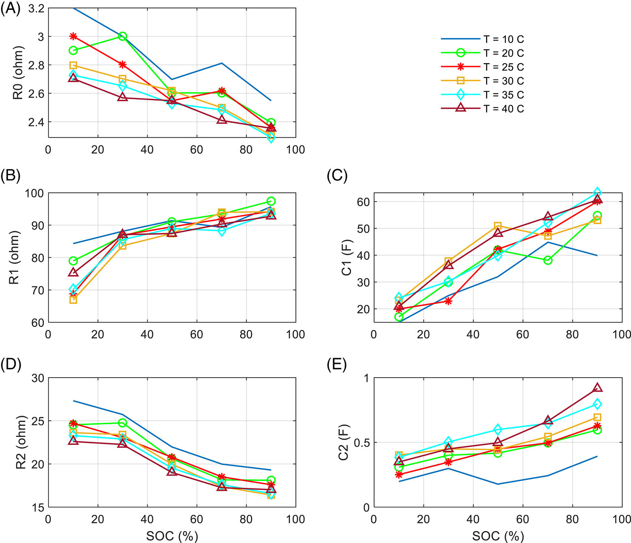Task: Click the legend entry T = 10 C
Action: [503, 39]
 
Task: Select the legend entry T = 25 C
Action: [503, 67]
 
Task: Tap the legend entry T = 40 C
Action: [503, 109]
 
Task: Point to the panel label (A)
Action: [10, 9]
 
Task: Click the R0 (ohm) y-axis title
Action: [18, 79]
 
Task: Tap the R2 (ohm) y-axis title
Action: [18, 442]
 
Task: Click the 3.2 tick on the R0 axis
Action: [35, 8]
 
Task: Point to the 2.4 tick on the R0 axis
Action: [35, 122]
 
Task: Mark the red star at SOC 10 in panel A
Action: [73, 36]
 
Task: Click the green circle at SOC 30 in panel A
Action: [123, 36]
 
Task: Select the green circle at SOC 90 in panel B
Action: [271, 201]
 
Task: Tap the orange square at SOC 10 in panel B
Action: [73, 299]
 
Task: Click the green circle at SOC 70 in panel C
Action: [548, 260]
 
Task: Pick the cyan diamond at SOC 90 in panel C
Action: [597, 192]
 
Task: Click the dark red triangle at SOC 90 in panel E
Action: [597, 388]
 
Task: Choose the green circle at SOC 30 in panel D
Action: [123, 423]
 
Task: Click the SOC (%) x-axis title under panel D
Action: [172, 536]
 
